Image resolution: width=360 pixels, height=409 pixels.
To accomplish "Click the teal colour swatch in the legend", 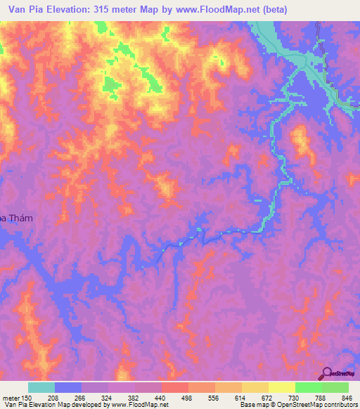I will point(41,387).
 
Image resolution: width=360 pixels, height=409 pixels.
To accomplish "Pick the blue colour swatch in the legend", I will point(67,387).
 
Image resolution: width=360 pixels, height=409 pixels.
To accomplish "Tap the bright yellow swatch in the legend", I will point(281,387).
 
